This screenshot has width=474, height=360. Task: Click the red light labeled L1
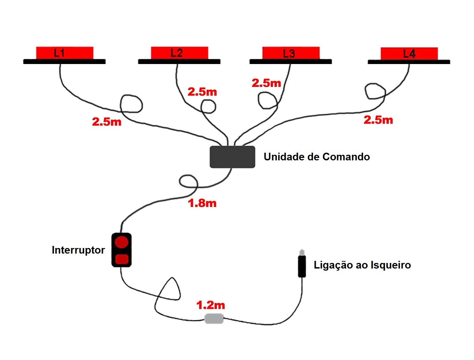65,53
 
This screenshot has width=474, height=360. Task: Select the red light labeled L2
179,53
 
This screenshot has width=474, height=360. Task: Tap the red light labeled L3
291,53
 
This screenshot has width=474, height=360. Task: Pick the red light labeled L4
409,54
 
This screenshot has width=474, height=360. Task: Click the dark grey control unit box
232,157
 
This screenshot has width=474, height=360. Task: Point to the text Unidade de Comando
316,157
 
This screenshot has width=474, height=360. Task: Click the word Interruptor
78,250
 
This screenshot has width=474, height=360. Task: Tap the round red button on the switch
122,242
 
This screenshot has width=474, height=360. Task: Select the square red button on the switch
122,259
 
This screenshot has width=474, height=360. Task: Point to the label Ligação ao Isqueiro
362,265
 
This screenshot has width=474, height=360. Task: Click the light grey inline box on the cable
214,318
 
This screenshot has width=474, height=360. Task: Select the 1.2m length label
210,305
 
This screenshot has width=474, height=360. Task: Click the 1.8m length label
202,203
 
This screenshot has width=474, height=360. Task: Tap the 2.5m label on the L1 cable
106,122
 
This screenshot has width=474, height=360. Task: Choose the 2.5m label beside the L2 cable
202,92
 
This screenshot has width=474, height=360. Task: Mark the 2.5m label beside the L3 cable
266,83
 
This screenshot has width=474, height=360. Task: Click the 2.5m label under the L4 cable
378,120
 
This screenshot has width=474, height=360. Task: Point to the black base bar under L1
64,62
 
